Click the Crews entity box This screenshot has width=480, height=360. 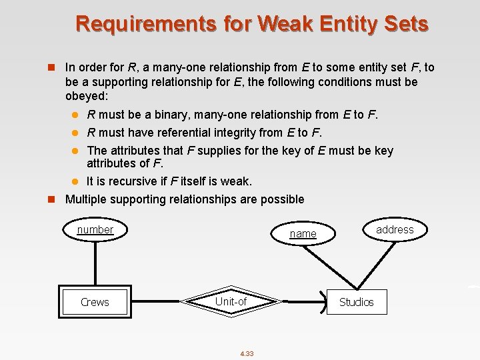(95, 302)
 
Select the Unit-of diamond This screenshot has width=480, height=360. (231, 302)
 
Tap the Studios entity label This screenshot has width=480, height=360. (356, 302)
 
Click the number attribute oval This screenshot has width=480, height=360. (95, 230)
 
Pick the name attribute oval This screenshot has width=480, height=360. (303, 233)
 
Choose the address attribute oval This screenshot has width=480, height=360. (395, 229)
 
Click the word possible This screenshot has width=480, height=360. (281, 199)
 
